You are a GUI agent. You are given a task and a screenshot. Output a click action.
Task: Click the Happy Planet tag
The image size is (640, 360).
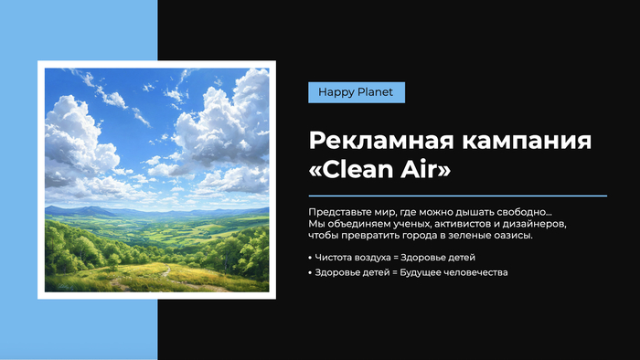[357, 92]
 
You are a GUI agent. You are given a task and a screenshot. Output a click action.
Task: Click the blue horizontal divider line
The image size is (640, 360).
[457, 196]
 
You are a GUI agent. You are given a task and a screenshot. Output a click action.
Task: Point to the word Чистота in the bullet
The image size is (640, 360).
[333, 258]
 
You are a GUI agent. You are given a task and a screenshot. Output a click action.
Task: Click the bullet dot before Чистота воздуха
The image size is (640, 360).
[310, 258]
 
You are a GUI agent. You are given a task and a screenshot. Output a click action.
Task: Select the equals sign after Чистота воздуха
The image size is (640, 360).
[395, 258]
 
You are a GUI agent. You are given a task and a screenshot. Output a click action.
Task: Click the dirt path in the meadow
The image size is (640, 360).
[165, 272]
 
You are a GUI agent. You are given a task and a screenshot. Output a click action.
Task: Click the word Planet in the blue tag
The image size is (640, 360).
[375, 92]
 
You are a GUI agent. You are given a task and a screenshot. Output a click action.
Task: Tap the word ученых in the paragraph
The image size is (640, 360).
[411, 224]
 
